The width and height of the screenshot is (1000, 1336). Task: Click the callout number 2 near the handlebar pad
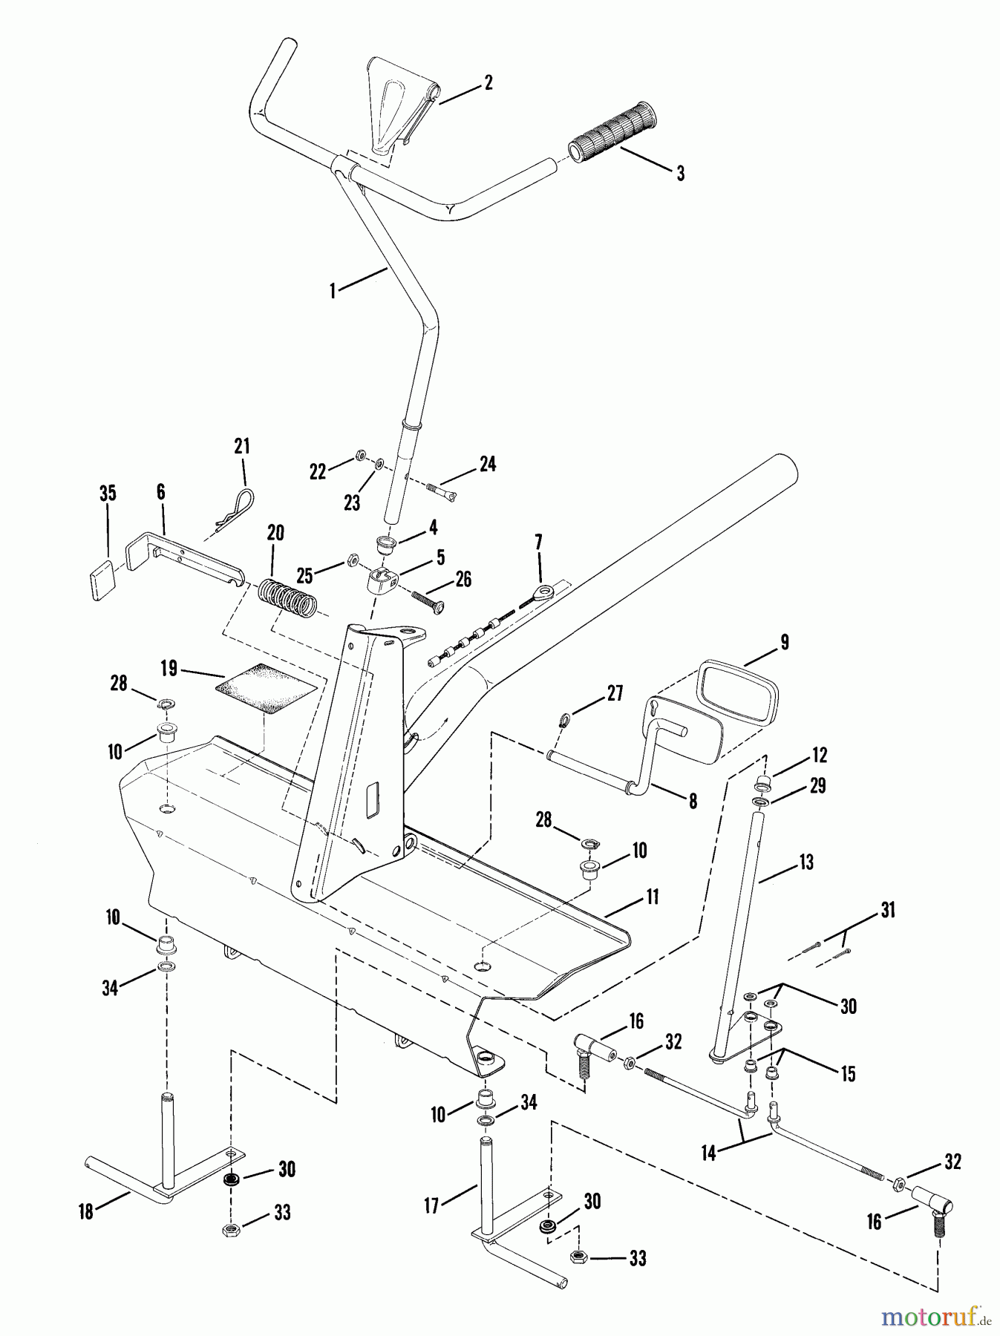488,82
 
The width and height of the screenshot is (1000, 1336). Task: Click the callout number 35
108,493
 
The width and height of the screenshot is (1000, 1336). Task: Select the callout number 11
652,897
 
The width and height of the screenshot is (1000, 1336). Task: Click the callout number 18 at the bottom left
87,1212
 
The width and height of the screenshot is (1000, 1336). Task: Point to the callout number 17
432,1207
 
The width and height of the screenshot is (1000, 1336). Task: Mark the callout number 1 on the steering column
333,291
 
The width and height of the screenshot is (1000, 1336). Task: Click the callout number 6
160,492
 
